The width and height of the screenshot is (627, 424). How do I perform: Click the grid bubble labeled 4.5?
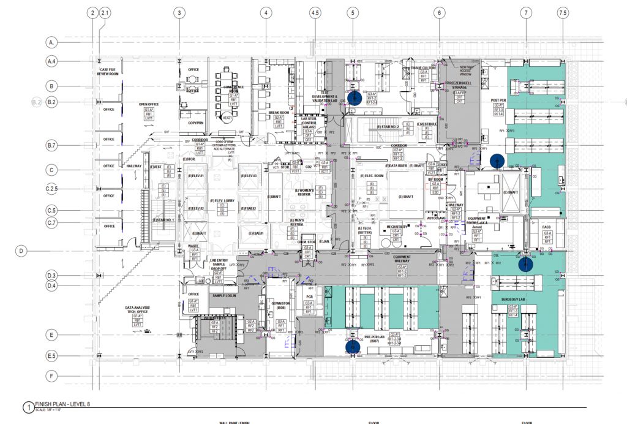[316, 12]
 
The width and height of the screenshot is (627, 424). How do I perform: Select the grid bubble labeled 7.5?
[563, 12]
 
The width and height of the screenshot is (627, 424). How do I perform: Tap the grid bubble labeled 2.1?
[105, 12]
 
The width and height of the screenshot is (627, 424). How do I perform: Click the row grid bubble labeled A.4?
[52, 61]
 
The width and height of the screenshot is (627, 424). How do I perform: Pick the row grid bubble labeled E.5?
[52, 355]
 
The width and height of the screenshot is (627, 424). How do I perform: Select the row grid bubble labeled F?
[52, 376]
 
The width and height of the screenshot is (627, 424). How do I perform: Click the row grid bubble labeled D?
[22, 250]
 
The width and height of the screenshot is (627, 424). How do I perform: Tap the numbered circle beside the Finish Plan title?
[27, 407]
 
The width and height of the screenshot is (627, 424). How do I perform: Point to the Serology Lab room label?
[512, 300]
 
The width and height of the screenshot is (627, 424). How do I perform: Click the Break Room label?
[278, 113]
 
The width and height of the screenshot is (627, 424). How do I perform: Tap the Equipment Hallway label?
[402, 259]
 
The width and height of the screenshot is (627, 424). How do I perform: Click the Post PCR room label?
[498, 99]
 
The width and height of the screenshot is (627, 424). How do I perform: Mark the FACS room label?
[547, 227]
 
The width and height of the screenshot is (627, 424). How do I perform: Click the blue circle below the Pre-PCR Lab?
[352, 346]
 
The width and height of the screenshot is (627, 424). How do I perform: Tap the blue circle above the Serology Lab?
[525, 264]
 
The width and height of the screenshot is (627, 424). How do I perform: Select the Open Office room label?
[148, 104]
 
